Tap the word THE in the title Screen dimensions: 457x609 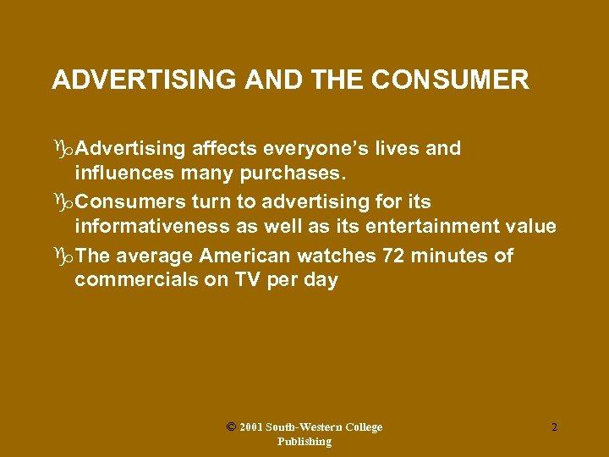tap(335, 80)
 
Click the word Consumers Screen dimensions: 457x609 tap(126, 202)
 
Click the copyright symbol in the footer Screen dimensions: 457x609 tap(231, 427)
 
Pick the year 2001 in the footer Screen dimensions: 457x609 tap(250, 428)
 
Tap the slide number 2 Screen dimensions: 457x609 tap(554, 428)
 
